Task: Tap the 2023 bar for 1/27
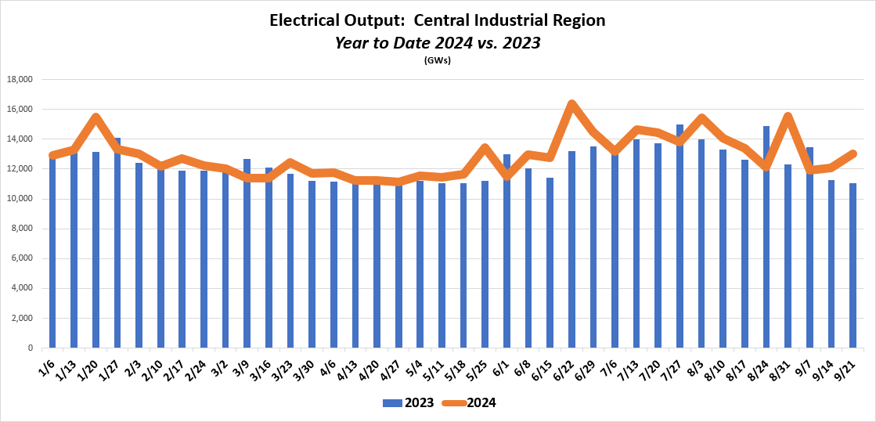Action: click(117, 243)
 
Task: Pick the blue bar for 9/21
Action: click(853, 265)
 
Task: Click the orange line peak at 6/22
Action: click(571, 104)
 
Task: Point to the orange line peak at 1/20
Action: click(96, 117)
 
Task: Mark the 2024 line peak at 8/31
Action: click(788, 117)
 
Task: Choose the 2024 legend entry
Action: click(470, 403)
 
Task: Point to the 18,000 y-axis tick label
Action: click(20, 80)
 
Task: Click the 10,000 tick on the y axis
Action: click(20, 199)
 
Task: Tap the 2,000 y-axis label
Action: click(23, 318)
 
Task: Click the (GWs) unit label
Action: click(438, 60)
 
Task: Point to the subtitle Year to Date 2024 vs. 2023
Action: click(438, 42)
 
